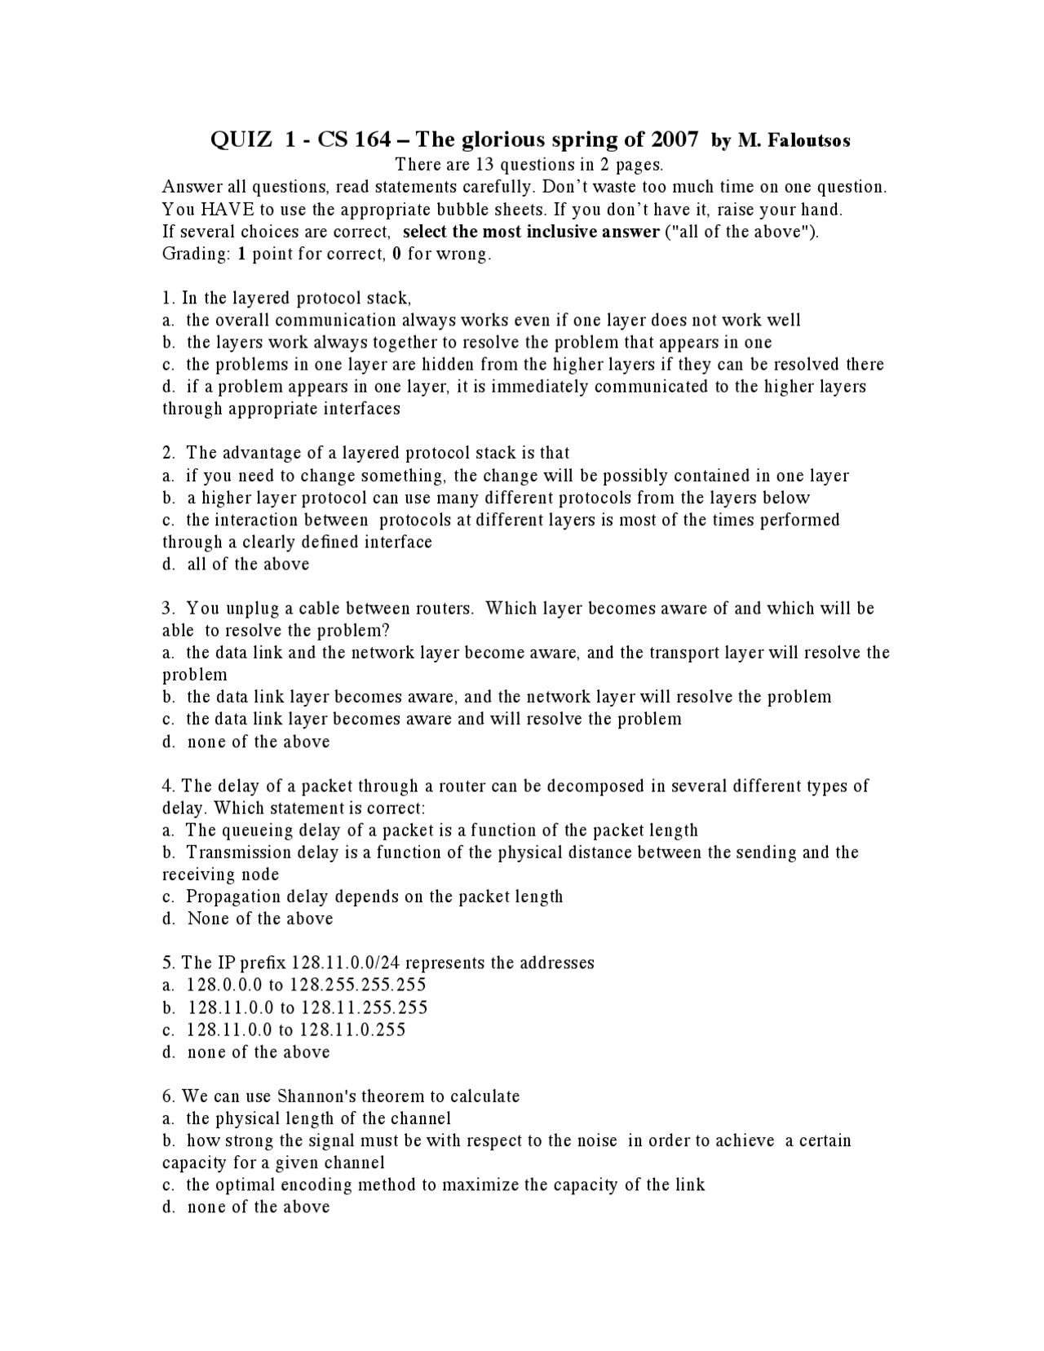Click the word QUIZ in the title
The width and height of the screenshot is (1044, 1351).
[x=241, y=140]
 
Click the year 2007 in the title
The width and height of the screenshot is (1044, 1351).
[x=675, y=140]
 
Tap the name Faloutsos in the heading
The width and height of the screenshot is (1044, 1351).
[x=810, y=141]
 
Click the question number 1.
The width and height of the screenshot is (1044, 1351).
[x=167, y=298]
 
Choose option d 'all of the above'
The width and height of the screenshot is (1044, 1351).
[x=248, y=565]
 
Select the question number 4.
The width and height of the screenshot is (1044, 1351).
[x=167, y=786]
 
